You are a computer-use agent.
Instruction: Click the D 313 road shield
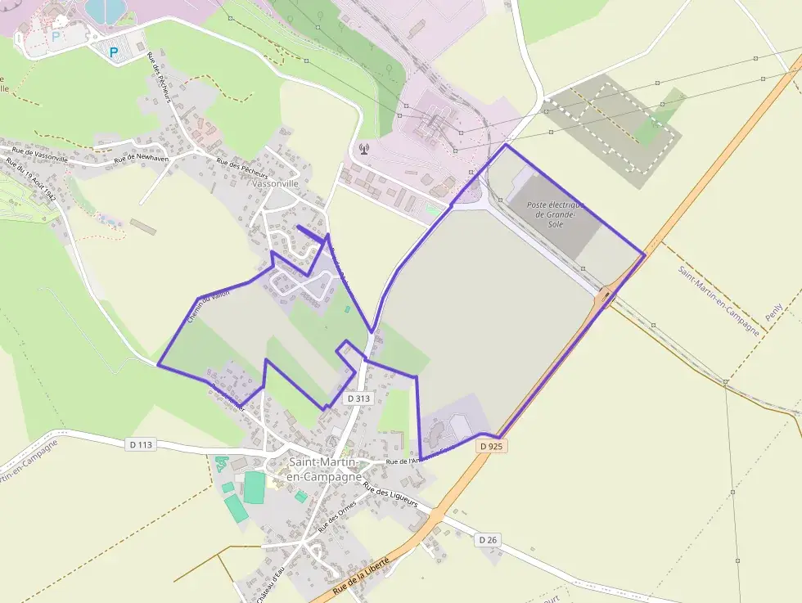pos(358,398)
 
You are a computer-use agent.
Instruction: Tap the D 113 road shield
pos(141,445)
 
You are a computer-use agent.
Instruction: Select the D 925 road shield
pos(491,447)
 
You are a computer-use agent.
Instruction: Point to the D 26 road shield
pos(487,540)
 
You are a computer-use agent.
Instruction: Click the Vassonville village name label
pos(277,184)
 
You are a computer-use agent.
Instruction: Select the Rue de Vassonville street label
pos(40,155)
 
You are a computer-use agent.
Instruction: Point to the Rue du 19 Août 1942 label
pos(30,181)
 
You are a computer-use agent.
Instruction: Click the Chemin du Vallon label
pos(209,304)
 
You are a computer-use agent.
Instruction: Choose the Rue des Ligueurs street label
pos(390,497)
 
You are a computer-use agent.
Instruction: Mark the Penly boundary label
pos(774,311)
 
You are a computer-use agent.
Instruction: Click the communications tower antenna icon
pos(363,150)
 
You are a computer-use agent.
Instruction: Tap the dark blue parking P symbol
pos(114,52)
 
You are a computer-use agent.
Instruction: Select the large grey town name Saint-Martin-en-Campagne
pos(324,469)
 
